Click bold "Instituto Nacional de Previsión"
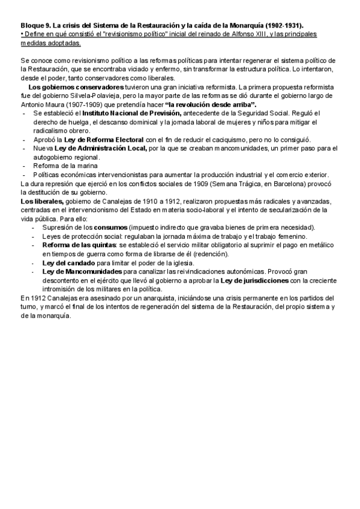[131, 113]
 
